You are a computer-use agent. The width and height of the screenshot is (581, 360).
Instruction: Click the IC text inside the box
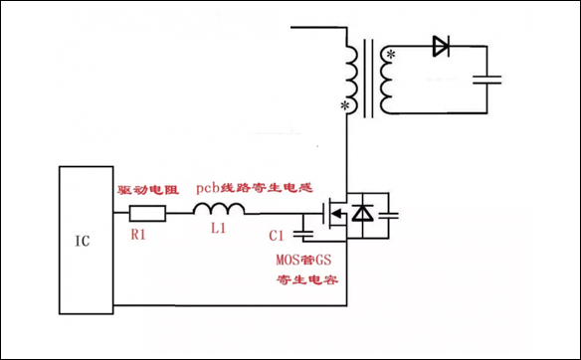click(x=86, y=241)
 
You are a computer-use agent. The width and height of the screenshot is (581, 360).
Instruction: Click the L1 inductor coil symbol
click(x=218, y=209)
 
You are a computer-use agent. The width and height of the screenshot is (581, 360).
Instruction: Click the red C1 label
click(x=279, y=237)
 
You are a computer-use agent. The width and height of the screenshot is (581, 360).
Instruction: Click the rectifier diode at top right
click(x=442, y=45)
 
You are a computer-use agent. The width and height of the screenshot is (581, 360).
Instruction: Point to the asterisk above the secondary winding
click(x=391, y=53)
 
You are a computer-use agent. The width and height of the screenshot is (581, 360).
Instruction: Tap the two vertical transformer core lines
click(x=368, y=77)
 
